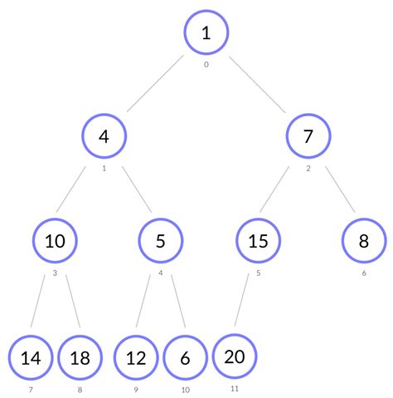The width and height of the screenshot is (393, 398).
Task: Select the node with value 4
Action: click(104, 136)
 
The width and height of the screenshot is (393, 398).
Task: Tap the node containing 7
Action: click(308, 136)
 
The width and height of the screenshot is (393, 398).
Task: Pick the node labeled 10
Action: click(55, 242)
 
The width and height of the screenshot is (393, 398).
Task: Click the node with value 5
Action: click(161, 242)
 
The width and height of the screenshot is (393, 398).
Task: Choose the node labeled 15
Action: click(259, 242)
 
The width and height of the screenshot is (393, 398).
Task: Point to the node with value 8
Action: click(364, 242)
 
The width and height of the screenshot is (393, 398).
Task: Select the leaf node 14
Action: click(30, 358)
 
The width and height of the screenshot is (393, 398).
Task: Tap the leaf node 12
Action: click(136, 358)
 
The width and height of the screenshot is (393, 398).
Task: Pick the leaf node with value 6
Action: click(185, 358)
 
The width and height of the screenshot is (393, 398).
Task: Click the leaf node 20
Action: click(235, 356)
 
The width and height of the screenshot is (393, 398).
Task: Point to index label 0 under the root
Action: click(206, 64)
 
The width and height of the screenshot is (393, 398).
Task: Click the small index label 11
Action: click(235, 388)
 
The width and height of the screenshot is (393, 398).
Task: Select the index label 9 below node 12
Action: click(136, 389)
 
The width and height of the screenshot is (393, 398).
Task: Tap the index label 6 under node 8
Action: click(364, 273)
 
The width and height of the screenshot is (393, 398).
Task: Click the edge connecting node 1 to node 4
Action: click(154, 84)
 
